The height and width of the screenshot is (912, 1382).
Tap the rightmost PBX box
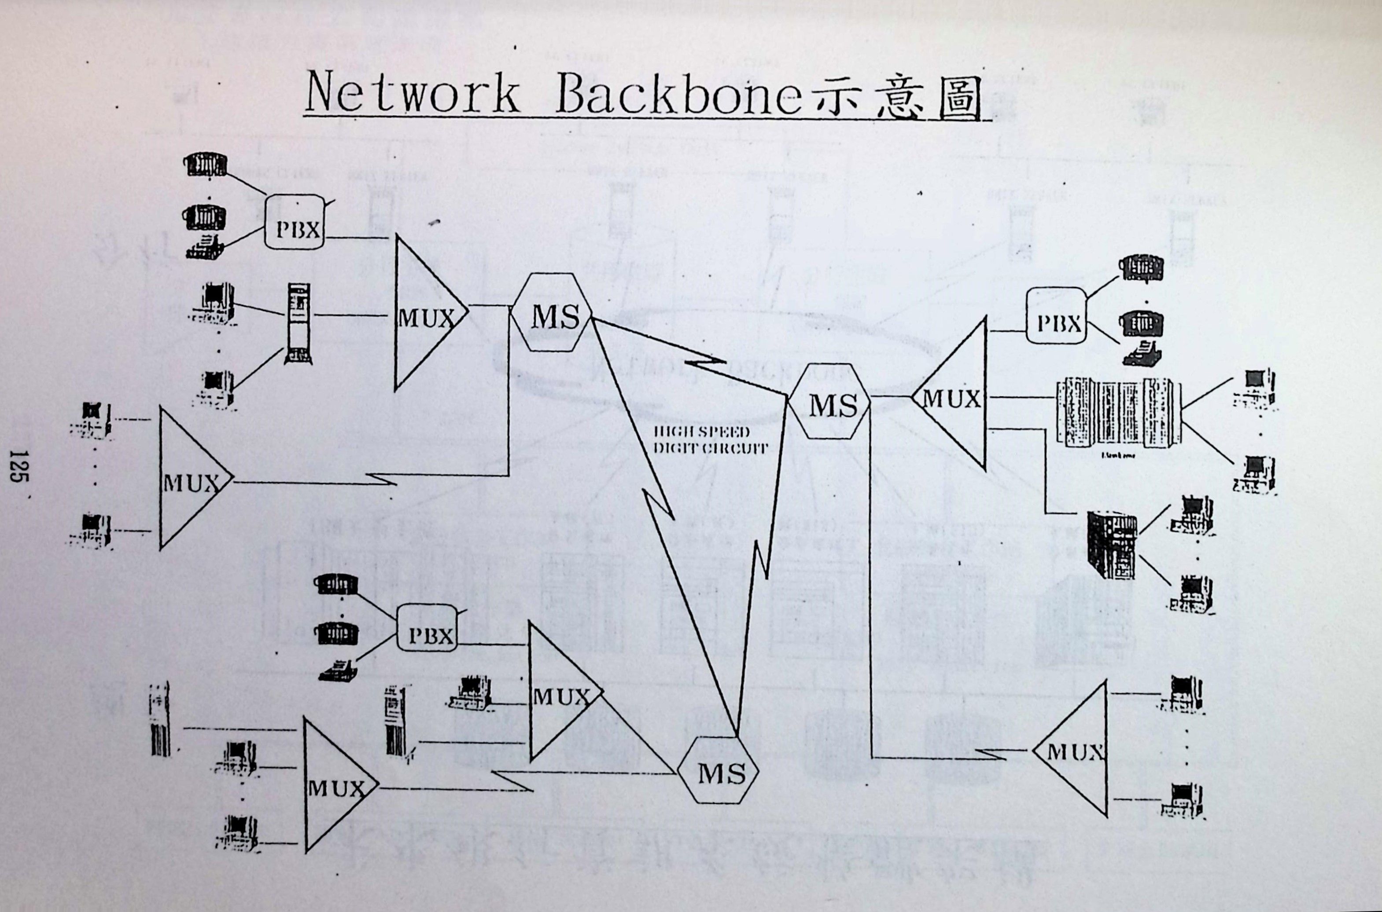pos(1056,323)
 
